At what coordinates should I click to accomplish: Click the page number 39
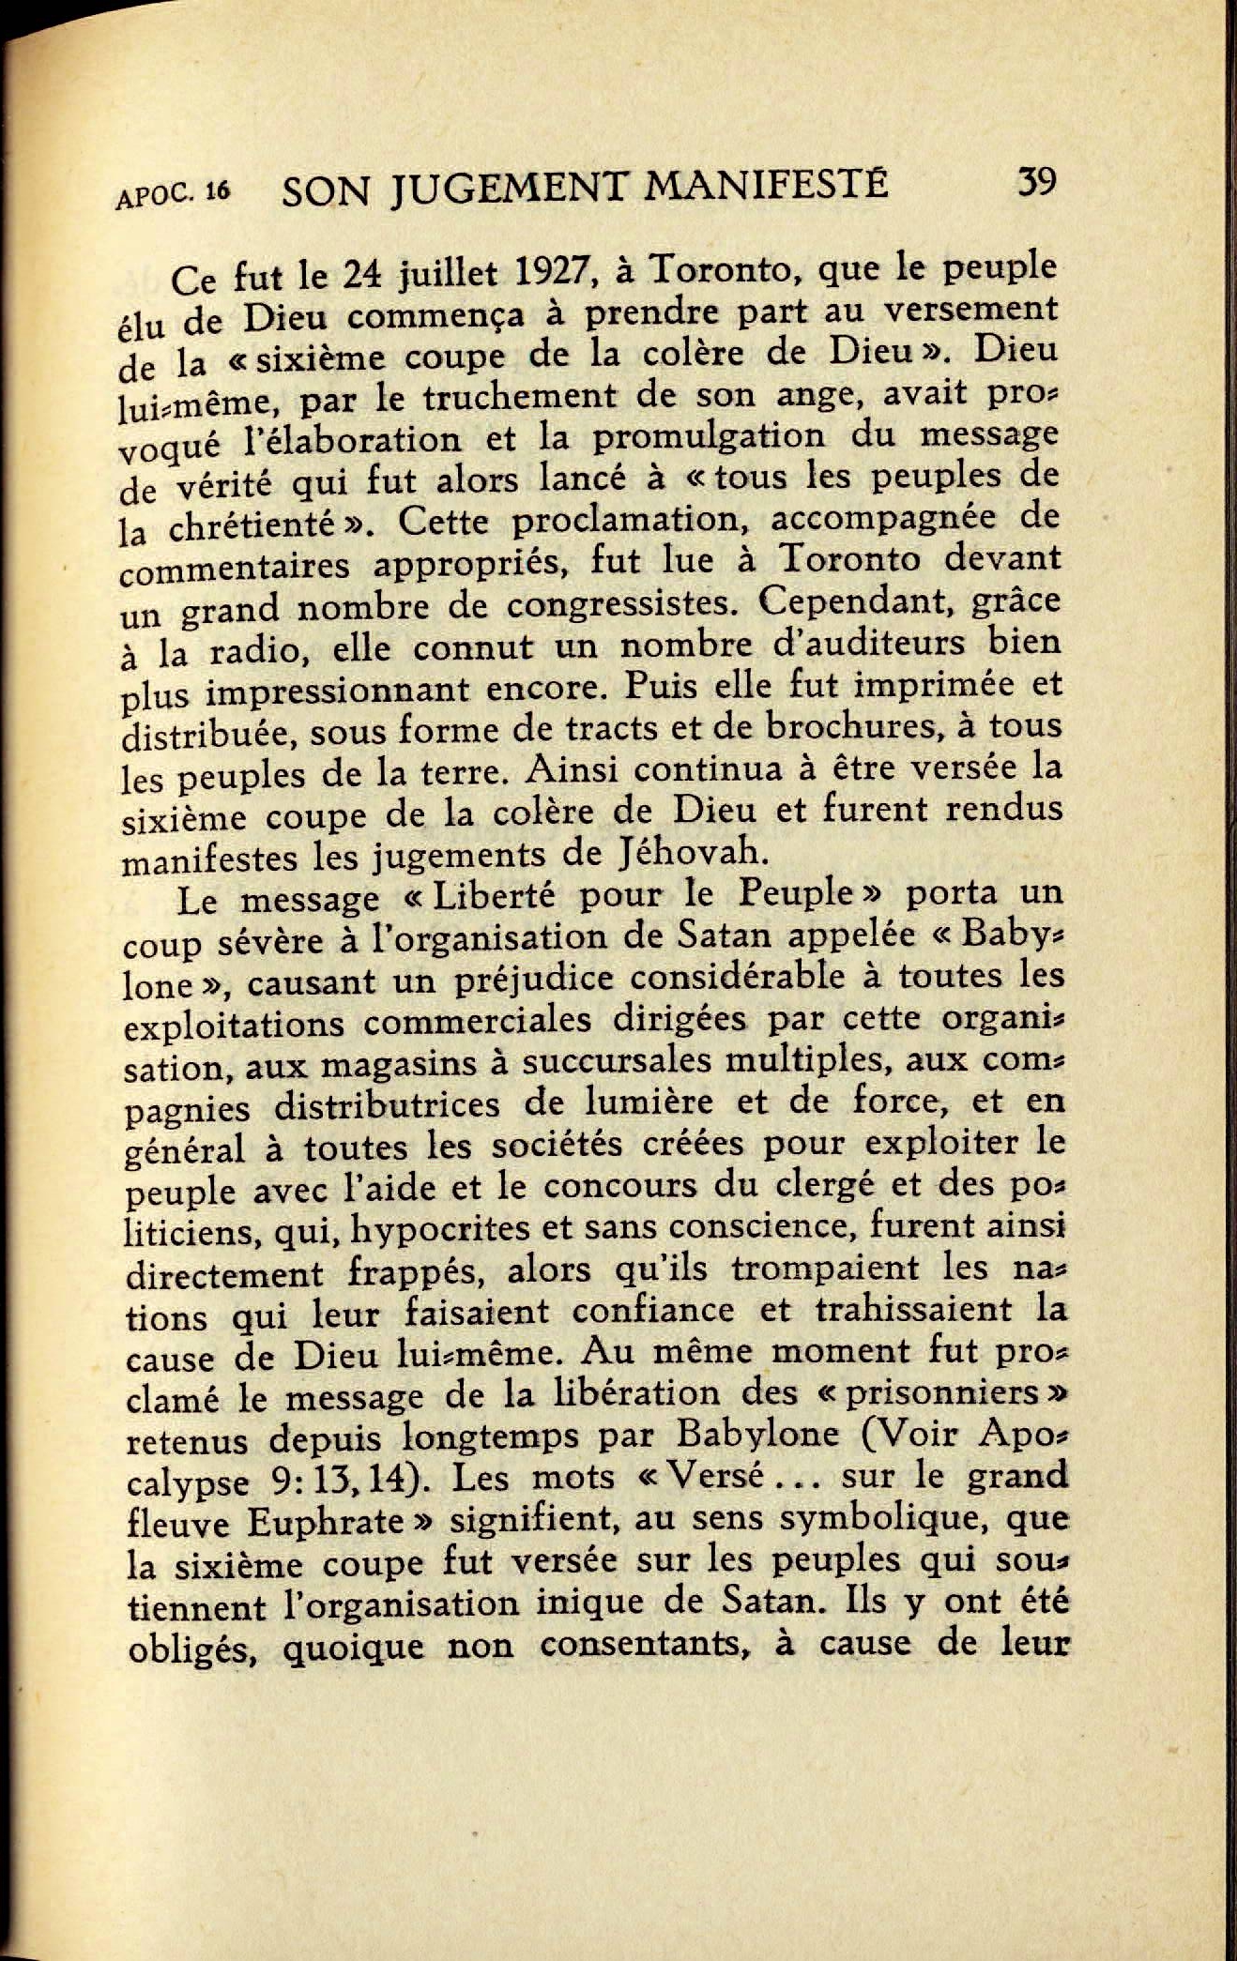pyautogui.click(x=1036, y=180)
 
